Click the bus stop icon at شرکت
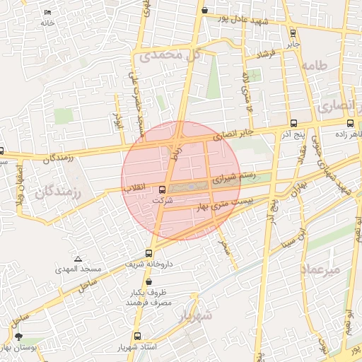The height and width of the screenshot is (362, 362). click(163, 189)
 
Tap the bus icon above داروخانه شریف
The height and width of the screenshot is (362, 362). click(148, 253)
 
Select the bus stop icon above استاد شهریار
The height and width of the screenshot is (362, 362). click(137, 337)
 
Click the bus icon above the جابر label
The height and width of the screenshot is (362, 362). click(293, 33)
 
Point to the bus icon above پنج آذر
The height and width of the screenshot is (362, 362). click(293, 123)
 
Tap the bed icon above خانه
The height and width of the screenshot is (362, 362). click(47, 13)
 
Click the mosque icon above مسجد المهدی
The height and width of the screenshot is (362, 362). click(78, 259)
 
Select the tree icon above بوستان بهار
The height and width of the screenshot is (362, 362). click(18, 337)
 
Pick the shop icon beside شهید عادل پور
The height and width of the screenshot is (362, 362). click(204, 11)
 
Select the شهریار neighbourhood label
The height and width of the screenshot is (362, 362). click(196, 313)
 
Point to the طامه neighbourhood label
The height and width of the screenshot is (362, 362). click(315, 65)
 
